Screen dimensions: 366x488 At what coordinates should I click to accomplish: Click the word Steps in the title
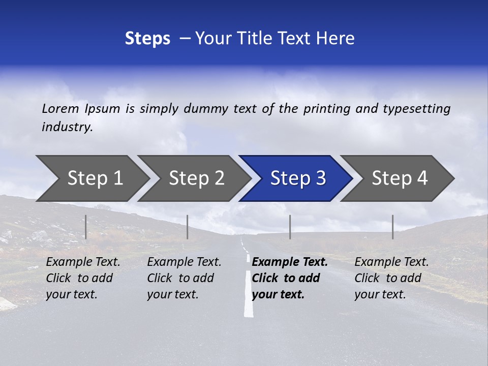tap(147, 39)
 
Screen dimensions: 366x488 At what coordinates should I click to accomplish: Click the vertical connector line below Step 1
tap(86, 227)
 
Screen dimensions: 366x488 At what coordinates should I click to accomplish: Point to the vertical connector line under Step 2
tap(188, 227)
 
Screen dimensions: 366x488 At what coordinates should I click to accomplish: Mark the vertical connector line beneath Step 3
tap(290, 227)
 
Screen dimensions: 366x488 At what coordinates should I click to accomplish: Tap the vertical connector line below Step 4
tap(392, 227)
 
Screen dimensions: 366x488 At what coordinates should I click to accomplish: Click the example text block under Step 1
tap(83, 278)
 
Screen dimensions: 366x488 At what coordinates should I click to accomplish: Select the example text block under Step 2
tap(184, 278)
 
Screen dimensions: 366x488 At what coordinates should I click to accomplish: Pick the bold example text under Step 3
tap(290, 278)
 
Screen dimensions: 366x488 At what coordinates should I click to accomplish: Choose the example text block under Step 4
tap(391, 278)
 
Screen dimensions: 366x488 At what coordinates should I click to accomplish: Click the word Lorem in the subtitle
tap(60, 109)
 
